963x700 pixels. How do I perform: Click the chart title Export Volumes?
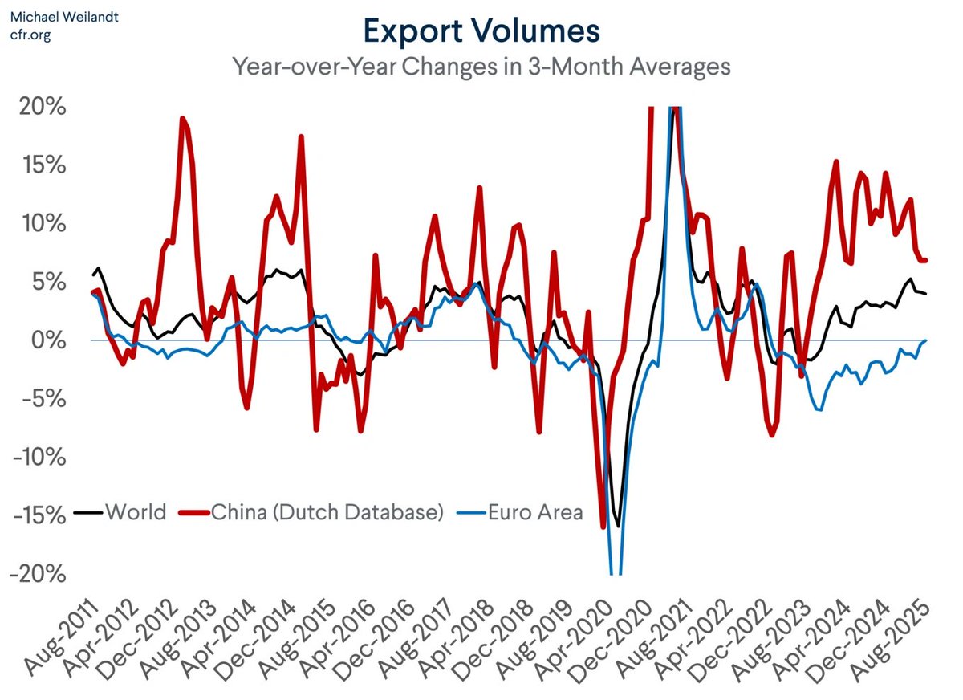pos(481,31)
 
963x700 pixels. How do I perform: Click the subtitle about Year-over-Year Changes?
pos(481,66)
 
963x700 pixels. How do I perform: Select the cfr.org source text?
pos(30,35)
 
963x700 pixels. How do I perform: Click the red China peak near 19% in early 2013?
pos(183,119)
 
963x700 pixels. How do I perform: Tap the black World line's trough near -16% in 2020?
pos(618,526)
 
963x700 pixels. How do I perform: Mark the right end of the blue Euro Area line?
pos(924,340)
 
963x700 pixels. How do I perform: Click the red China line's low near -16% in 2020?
pos(603,527)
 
